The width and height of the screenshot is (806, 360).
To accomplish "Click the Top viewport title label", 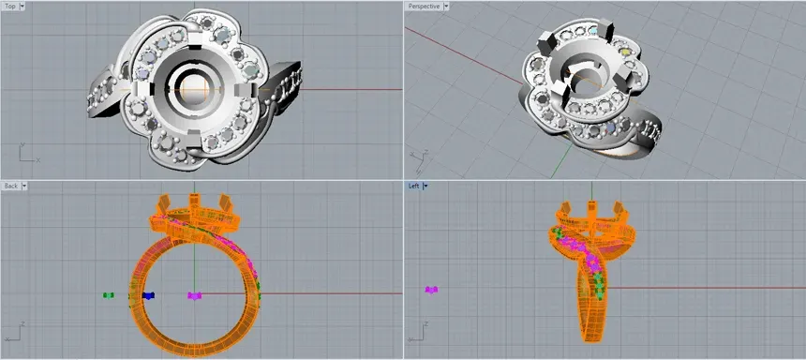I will pos(10,6).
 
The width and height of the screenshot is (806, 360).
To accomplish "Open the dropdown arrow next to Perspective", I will pos(446,6).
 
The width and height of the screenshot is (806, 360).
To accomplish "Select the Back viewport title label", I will pos(11,186).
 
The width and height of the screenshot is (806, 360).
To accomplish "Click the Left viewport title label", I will pos(414,186).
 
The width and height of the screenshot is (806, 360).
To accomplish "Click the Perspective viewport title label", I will pos(424,6).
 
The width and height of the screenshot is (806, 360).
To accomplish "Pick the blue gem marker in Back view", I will pos(147,295).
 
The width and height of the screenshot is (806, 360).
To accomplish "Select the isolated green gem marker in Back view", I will pos(109,295).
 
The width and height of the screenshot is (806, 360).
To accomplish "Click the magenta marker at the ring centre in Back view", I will pos(194,295).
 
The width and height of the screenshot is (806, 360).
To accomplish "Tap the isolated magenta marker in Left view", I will pos(431,290).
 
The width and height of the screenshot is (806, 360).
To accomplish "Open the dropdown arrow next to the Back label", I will pos(25,186).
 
